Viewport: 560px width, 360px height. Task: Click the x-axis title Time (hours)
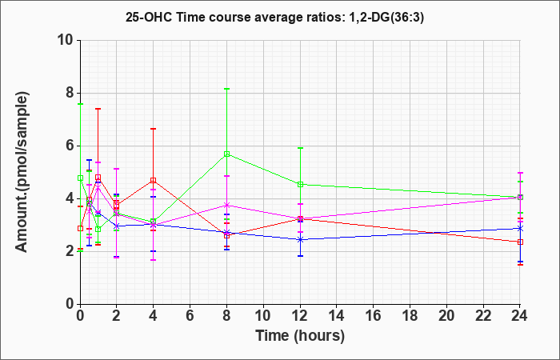300,335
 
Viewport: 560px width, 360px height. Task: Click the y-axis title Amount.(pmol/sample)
24,171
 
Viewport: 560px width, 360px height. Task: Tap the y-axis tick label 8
68,93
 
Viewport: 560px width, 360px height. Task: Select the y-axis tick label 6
68,146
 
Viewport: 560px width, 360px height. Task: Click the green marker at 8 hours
227,154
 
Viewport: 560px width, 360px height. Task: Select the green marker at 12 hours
301,185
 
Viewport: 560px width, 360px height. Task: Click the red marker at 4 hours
154,180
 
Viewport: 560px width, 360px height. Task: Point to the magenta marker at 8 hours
227,205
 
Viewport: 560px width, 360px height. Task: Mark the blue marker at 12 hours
301,239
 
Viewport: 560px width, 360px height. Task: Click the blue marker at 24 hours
521,228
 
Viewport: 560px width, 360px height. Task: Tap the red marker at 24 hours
521,242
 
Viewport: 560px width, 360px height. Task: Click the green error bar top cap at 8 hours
227,89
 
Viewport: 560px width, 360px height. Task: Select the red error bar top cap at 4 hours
154,129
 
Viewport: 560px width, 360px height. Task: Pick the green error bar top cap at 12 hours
301,148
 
